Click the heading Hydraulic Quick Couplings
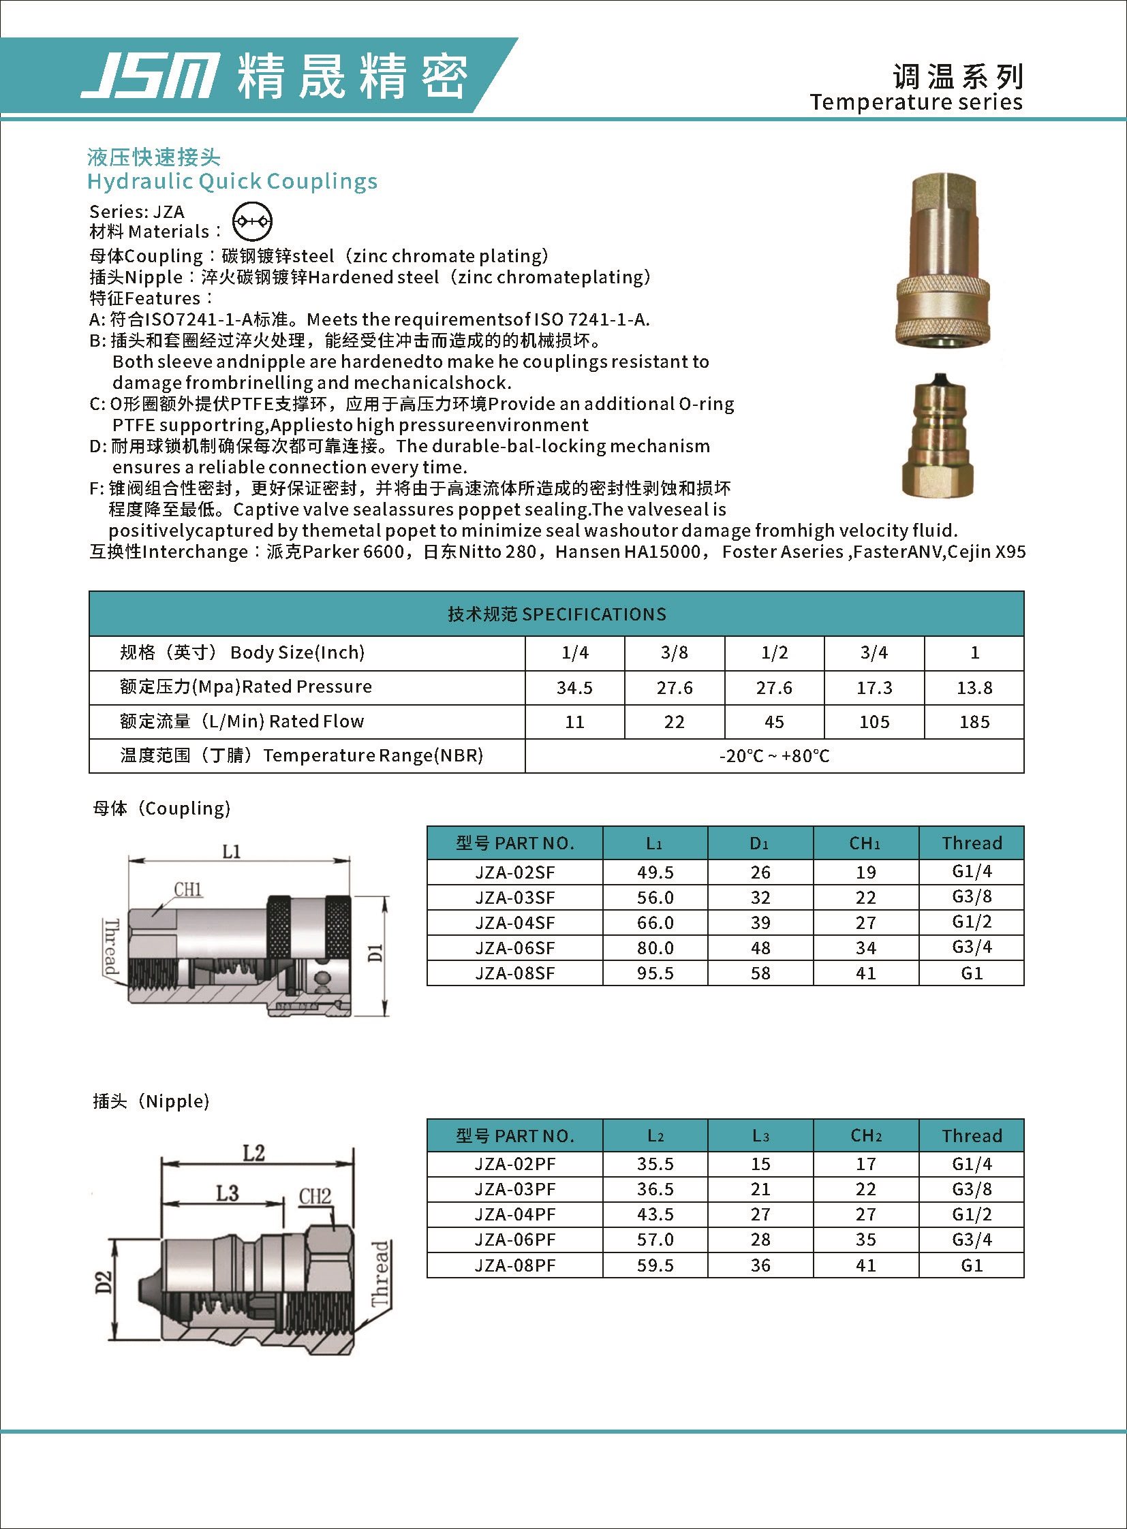(232, 181)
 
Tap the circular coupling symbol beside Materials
(251, 221)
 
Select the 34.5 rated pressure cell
(574, 687)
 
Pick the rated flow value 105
(874, 721)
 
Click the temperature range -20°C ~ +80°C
(774, 755)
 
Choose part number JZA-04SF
(514, 923)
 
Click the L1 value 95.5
(655, 973)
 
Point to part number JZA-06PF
(514, 1240)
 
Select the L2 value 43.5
(655, 1214)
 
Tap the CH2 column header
(866, 1135)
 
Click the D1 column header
(759, 844)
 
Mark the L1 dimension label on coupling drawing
(231, 851)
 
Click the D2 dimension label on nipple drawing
(103, 1282)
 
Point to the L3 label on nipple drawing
(227, 1193)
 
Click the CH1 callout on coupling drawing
(187, 889)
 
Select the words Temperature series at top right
(916, 102)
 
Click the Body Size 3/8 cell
(674, 652)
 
